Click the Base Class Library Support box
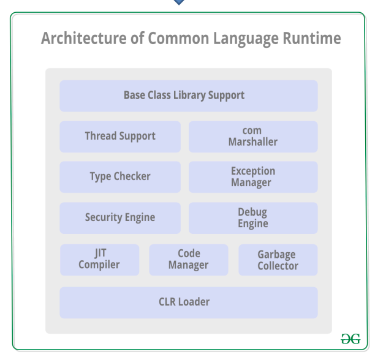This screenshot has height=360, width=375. click(x=188, y=96)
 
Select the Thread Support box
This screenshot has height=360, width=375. click(x=120, y=136)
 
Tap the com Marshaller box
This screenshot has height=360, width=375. click(x=253, y=136)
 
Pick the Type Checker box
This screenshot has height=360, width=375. click(x=120, y=177)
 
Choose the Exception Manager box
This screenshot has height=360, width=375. click(x=253, y=177)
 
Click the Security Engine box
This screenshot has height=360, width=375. click(x=120, y=217)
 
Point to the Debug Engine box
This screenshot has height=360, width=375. click(x=253, y=217)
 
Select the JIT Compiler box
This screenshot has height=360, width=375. click(x=99, y=260)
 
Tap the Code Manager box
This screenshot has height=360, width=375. click(x=189, y=260)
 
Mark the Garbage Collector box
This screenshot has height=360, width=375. click(x=278, y=260)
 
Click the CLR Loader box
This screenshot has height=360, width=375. click(x=188, y=302)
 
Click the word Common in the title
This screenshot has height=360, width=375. click(x=178, y=39)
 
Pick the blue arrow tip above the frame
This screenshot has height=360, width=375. click(x=179, y=2)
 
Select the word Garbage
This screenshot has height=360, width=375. click(x=276, y=254)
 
